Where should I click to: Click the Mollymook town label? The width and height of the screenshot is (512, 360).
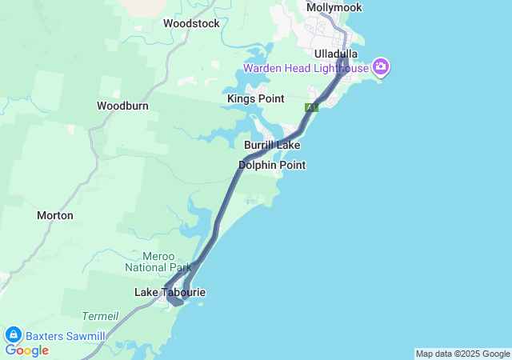(x=334, y=7)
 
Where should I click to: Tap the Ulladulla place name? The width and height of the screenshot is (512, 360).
(x=336, y=54)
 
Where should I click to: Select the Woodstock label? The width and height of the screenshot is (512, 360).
(x=191, y=23)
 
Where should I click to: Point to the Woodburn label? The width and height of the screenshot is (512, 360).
(x=120, y=106)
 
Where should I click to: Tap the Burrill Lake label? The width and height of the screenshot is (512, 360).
(x=272, y=146)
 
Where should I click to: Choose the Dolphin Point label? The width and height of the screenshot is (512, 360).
(x=272, y=165)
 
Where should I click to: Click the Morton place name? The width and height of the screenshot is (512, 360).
(x=55, y=215)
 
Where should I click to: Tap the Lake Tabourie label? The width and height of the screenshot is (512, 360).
(x=170, y=293)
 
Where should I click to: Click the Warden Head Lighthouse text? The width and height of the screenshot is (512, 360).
(x=306, y=68)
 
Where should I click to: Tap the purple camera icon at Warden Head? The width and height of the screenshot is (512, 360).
(x=381, y=67)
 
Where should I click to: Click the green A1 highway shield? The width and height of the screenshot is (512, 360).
(x=311, y=107)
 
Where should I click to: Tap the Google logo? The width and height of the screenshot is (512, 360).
(x=26, y=350)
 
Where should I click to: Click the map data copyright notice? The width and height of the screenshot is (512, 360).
(x=462, y=354)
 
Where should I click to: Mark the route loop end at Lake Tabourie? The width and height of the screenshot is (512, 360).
(x=176, y=301)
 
